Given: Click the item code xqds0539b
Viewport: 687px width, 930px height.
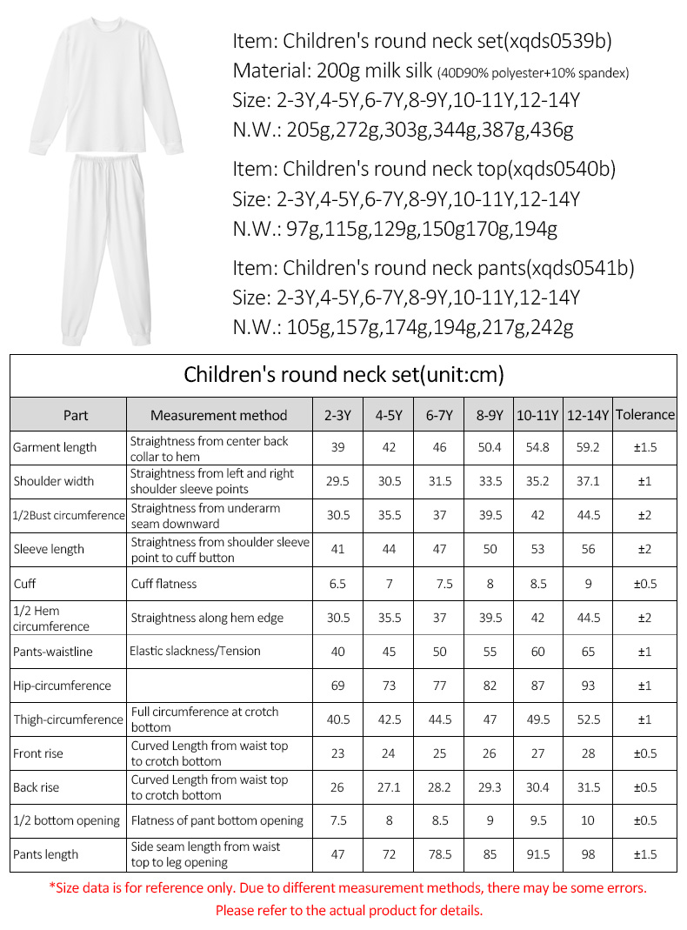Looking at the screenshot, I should (565, 42).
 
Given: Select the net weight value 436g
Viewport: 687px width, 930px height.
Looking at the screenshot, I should (550, 130).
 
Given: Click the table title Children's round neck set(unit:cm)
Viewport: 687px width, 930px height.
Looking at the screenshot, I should (343, 375).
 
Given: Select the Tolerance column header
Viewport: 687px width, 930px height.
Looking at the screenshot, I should (644, 414).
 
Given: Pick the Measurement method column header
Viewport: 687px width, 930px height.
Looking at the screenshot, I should (218, 415).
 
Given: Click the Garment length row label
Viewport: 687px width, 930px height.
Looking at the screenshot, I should (55, 448).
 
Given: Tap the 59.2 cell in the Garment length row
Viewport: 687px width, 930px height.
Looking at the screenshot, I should (588, 447).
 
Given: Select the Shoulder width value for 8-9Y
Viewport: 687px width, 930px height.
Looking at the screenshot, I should (490, 481).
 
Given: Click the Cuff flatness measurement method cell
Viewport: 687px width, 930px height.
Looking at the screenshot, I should (164, 583).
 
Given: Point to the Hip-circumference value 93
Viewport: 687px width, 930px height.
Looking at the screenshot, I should (588, 686).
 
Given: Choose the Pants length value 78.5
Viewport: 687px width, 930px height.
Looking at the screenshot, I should (440, 854).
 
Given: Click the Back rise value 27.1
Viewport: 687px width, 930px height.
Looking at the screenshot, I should (389, 787).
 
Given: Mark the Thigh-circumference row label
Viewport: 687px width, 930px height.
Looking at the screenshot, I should (68, 719).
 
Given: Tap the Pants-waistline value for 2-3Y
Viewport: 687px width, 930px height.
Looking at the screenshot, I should (337, 652).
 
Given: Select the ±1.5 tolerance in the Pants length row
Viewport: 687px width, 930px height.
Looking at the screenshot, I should (644, 854).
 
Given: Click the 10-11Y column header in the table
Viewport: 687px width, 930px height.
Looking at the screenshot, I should (537, 415).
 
